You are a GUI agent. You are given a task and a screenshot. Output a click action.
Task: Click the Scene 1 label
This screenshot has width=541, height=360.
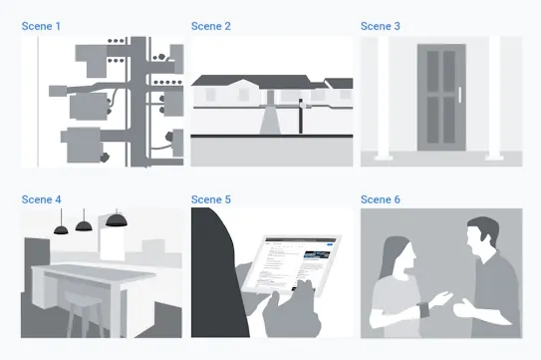(41, 26)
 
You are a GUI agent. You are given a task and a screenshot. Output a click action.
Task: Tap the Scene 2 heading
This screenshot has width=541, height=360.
(211, 26)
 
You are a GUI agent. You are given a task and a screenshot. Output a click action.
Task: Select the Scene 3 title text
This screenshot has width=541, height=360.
(381, 26)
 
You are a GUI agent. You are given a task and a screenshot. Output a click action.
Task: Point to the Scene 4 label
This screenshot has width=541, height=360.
(41, 199)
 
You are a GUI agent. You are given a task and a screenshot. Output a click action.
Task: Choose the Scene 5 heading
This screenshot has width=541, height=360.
(211, 199)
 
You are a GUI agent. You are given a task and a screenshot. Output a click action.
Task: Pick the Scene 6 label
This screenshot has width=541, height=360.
(381, 199)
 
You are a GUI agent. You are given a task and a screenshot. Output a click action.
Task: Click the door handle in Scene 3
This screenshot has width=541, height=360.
(460, 95)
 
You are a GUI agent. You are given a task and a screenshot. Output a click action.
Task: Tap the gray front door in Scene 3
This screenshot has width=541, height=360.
(441, 98)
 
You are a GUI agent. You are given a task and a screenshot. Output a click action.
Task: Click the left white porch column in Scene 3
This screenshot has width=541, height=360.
(384, 98)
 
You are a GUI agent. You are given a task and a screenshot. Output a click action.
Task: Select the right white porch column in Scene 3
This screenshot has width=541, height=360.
(494, 98)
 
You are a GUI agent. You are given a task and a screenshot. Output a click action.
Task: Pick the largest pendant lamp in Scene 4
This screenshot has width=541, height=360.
(117, 220)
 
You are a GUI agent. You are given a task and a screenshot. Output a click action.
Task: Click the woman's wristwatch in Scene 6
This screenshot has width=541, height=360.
(423, 308)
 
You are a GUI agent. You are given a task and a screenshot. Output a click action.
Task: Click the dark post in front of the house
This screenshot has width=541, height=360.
(301, 117)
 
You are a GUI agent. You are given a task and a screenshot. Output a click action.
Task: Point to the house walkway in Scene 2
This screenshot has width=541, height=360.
(270, 121)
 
